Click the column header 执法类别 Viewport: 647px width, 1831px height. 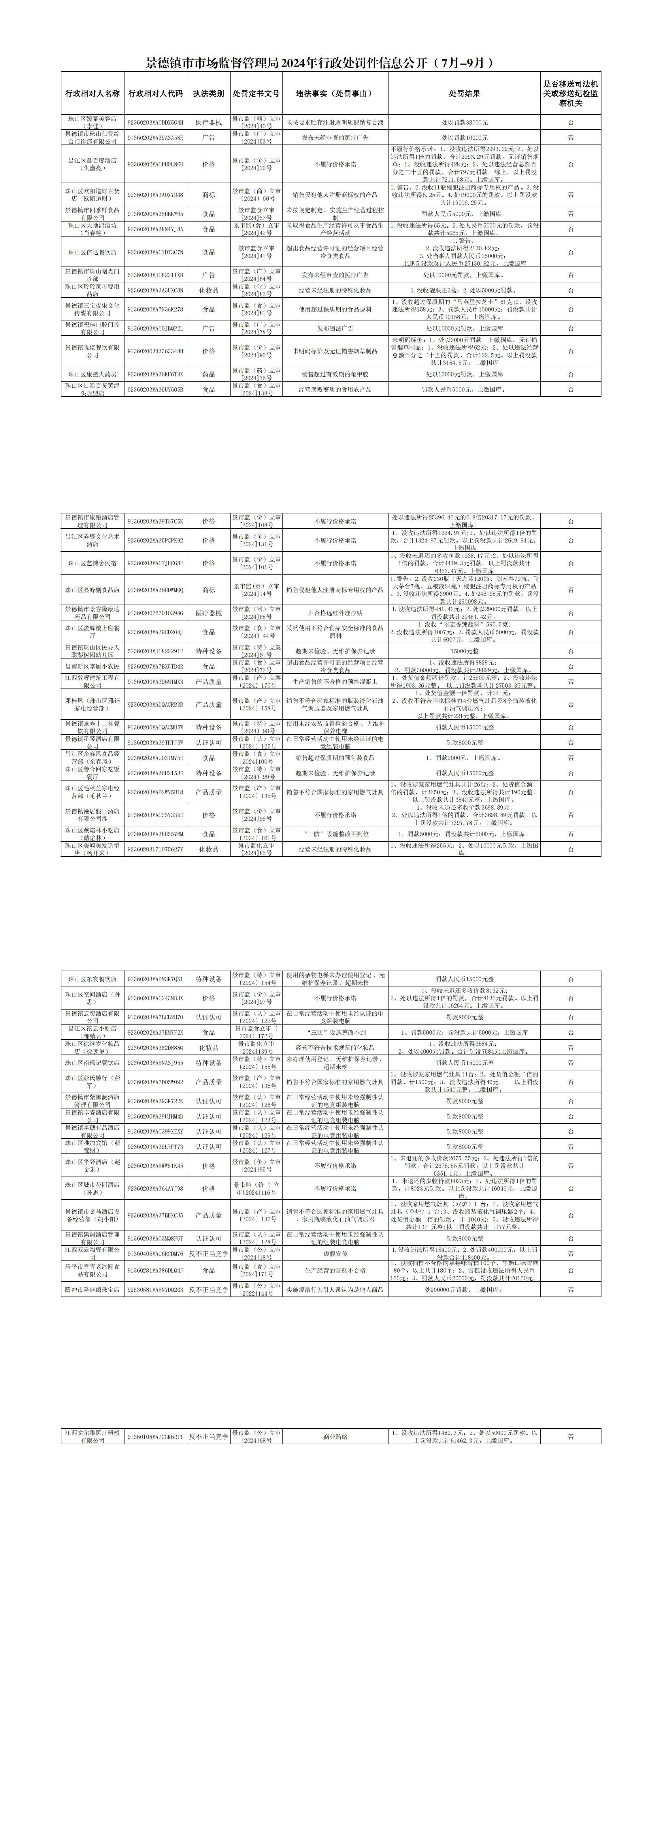pos(209,93)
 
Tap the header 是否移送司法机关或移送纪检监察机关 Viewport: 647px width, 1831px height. pos(570,93)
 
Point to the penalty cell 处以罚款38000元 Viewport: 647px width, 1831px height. pos(465,122)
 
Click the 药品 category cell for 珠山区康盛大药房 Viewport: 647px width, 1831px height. pos(209,374)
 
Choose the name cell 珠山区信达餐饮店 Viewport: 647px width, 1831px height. pos(92,252)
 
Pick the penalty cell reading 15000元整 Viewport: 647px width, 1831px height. pos(465,650)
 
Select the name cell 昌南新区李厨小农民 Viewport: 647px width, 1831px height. pos(92,666)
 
